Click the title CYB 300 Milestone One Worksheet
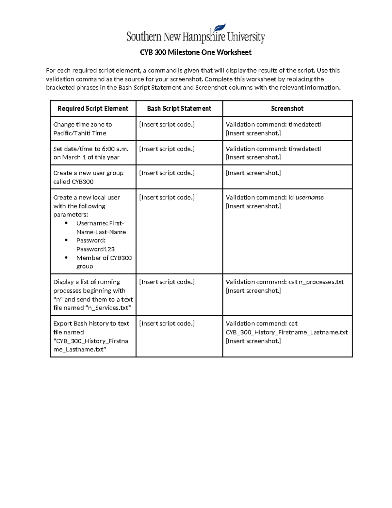196,52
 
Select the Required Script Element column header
93,109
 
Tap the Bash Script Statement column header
179,109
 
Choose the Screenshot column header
287,109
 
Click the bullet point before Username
66,223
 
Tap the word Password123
95,249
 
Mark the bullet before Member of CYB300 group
66,258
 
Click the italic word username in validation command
309,198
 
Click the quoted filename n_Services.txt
108,308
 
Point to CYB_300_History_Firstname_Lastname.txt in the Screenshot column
286,332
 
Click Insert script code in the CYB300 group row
167,173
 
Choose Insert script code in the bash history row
167,324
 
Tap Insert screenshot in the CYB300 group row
253,173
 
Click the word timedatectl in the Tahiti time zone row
305,125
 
